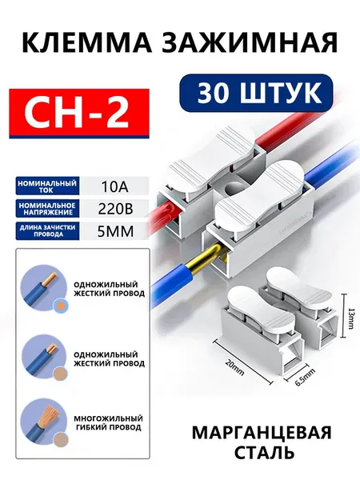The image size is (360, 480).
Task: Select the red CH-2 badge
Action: click(79, 114)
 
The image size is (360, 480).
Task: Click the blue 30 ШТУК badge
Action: click(256, 93)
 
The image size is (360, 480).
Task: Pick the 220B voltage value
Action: click(115, 209)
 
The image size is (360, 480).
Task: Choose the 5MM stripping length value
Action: click(115, 231)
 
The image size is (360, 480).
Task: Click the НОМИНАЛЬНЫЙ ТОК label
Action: click(47, 186)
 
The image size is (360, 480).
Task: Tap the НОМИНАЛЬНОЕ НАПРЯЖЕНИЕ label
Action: click(47, 209)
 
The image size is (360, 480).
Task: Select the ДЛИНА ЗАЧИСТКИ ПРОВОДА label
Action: click(47, 231)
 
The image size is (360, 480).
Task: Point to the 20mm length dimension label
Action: click(234, 367)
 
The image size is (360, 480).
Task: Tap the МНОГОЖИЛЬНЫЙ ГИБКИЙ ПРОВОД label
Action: click(108, 422)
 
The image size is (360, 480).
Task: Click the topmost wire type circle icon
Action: click(43, 288)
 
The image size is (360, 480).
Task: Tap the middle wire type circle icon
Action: click(43, 358)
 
